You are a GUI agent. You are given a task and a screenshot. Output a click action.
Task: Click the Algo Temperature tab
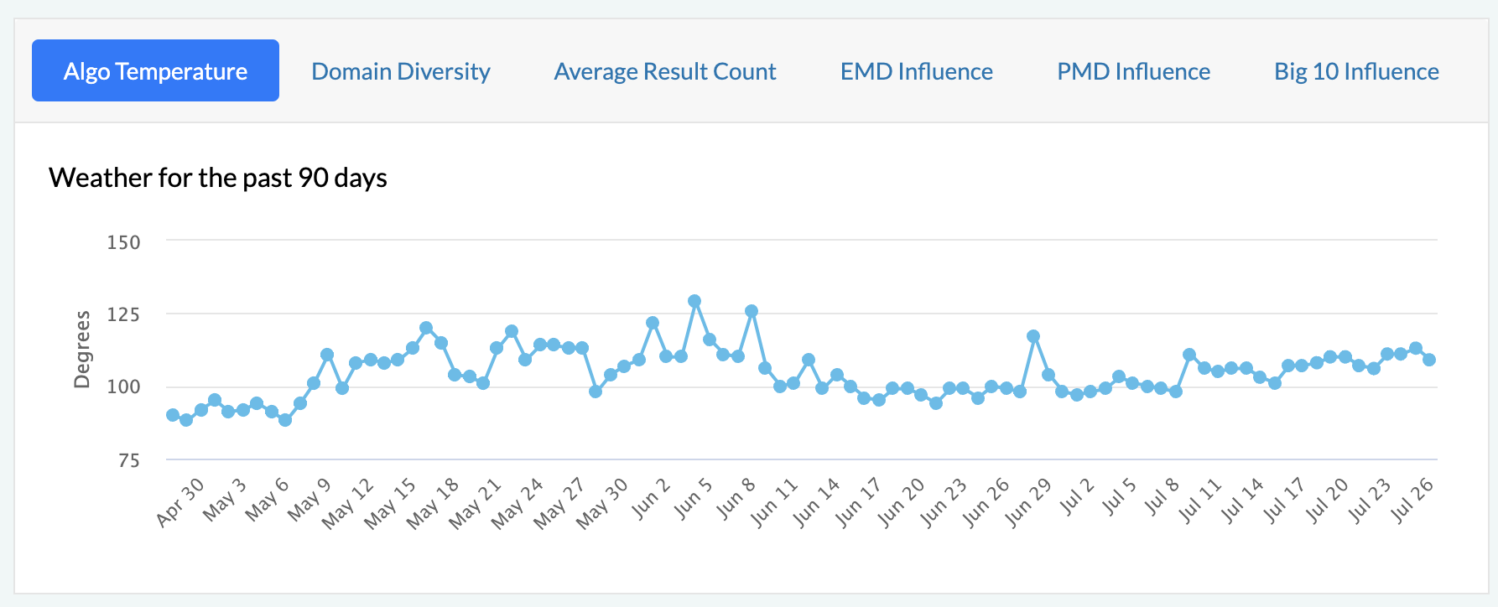coord(155,71)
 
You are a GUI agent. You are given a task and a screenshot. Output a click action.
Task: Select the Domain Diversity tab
coord(401,71)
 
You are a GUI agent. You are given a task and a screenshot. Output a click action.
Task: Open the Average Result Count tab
coord(665,71)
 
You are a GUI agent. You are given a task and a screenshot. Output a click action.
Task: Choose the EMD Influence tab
coord(917,71)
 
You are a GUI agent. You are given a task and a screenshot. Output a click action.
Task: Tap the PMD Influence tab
coord(1133,71)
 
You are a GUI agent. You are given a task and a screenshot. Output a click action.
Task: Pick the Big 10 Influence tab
coord(1356,71)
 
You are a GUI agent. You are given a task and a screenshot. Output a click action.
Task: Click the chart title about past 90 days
coord(218,178)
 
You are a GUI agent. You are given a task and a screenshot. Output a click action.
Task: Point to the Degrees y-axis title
coord(82,350)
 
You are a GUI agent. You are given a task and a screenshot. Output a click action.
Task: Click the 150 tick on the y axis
coord(124,242)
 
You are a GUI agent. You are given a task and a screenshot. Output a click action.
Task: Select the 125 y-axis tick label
coord(124,314)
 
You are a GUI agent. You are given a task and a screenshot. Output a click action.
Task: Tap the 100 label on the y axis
coord(124,387)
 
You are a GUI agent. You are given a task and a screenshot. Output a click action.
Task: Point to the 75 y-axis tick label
coord(128,460)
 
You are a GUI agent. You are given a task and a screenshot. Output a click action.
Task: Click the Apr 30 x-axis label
coord(181,501)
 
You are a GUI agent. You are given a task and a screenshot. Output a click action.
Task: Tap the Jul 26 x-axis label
coord(1413,501)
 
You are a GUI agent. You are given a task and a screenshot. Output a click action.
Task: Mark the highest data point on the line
coord(694,301)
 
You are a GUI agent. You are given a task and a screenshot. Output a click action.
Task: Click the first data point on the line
coord(173,415)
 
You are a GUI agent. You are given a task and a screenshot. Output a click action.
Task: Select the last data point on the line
coord(1429,360)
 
